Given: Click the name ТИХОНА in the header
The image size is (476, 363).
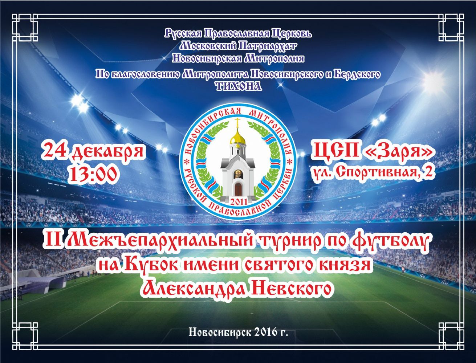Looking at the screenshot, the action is coord(239,87).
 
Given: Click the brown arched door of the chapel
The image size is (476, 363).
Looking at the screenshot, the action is coord(238,189).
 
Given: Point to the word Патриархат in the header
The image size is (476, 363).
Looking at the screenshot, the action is coord(267,46).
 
